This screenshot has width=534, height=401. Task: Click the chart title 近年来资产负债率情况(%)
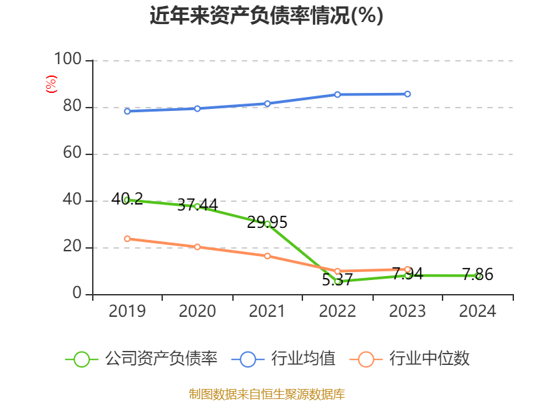tap(266, 16)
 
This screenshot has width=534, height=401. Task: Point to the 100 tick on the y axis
tap(67, 60)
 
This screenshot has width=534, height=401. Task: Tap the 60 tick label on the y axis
tap(72, 154)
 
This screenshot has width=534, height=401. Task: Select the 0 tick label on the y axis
tap(77, 293)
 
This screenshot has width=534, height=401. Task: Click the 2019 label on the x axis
tap(127, 311)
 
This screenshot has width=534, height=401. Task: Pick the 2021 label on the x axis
tap(267, 311)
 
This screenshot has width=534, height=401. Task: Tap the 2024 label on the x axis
tap(478, 311)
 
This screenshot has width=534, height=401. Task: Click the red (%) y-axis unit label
tap(51, 84)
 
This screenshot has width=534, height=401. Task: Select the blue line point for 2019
tap(127, 111)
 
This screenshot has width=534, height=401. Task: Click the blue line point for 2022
tap(337, 94)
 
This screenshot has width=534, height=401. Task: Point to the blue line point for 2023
tap(408, 94)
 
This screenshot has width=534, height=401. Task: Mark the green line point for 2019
tap(127, 200)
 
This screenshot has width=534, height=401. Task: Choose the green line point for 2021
tap(267, 224)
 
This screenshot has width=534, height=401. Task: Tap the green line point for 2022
tap(338, 281)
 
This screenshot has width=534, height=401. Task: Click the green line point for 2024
tap(478, 275)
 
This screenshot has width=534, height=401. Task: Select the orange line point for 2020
tap(197, 247)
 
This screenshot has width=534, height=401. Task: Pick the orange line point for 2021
tap(267, 256)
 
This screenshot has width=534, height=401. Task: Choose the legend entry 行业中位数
tap(411, 359)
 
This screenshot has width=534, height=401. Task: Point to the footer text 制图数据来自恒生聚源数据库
tap(266, 394)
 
